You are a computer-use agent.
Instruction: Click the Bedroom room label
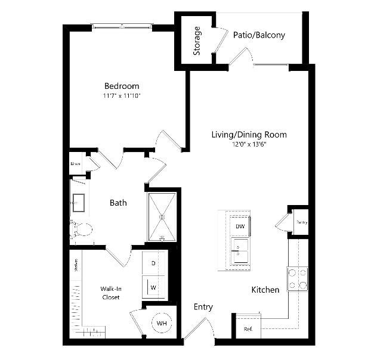tap(122, 86)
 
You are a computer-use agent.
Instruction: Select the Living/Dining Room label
tap(249, 135)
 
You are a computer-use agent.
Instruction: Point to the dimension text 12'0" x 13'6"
tap(249, 145)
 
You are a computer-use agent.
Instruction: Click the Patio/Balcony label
tap(259, 35)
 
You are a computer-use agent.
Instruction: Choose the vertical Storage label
tap(197, 41)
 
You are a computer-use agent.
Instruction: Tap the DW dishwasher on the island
tap(240, 226)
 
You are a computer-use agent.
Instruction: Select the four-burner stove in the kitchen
tap(298, 278)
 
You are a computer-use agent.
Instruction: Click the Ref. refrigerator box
tap(248, 329)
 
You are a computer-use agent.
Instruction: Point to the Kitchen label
tap(265, 290)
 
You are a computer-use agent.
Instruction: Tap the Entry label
tap(203, 307)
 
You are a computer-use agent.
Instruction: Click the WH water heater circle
tap(161, 323)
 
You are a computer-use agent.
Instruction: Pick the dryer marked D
tap(153, 263)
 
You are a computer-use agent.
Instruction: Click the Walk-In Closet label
tap(112, 292)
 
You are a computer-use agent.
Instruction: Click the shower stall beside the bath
tap(162, 217)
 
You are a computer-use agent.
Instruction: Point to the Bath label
tap(118, 203)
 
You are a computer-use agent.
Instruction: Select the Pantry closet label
tap(301, 222)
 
